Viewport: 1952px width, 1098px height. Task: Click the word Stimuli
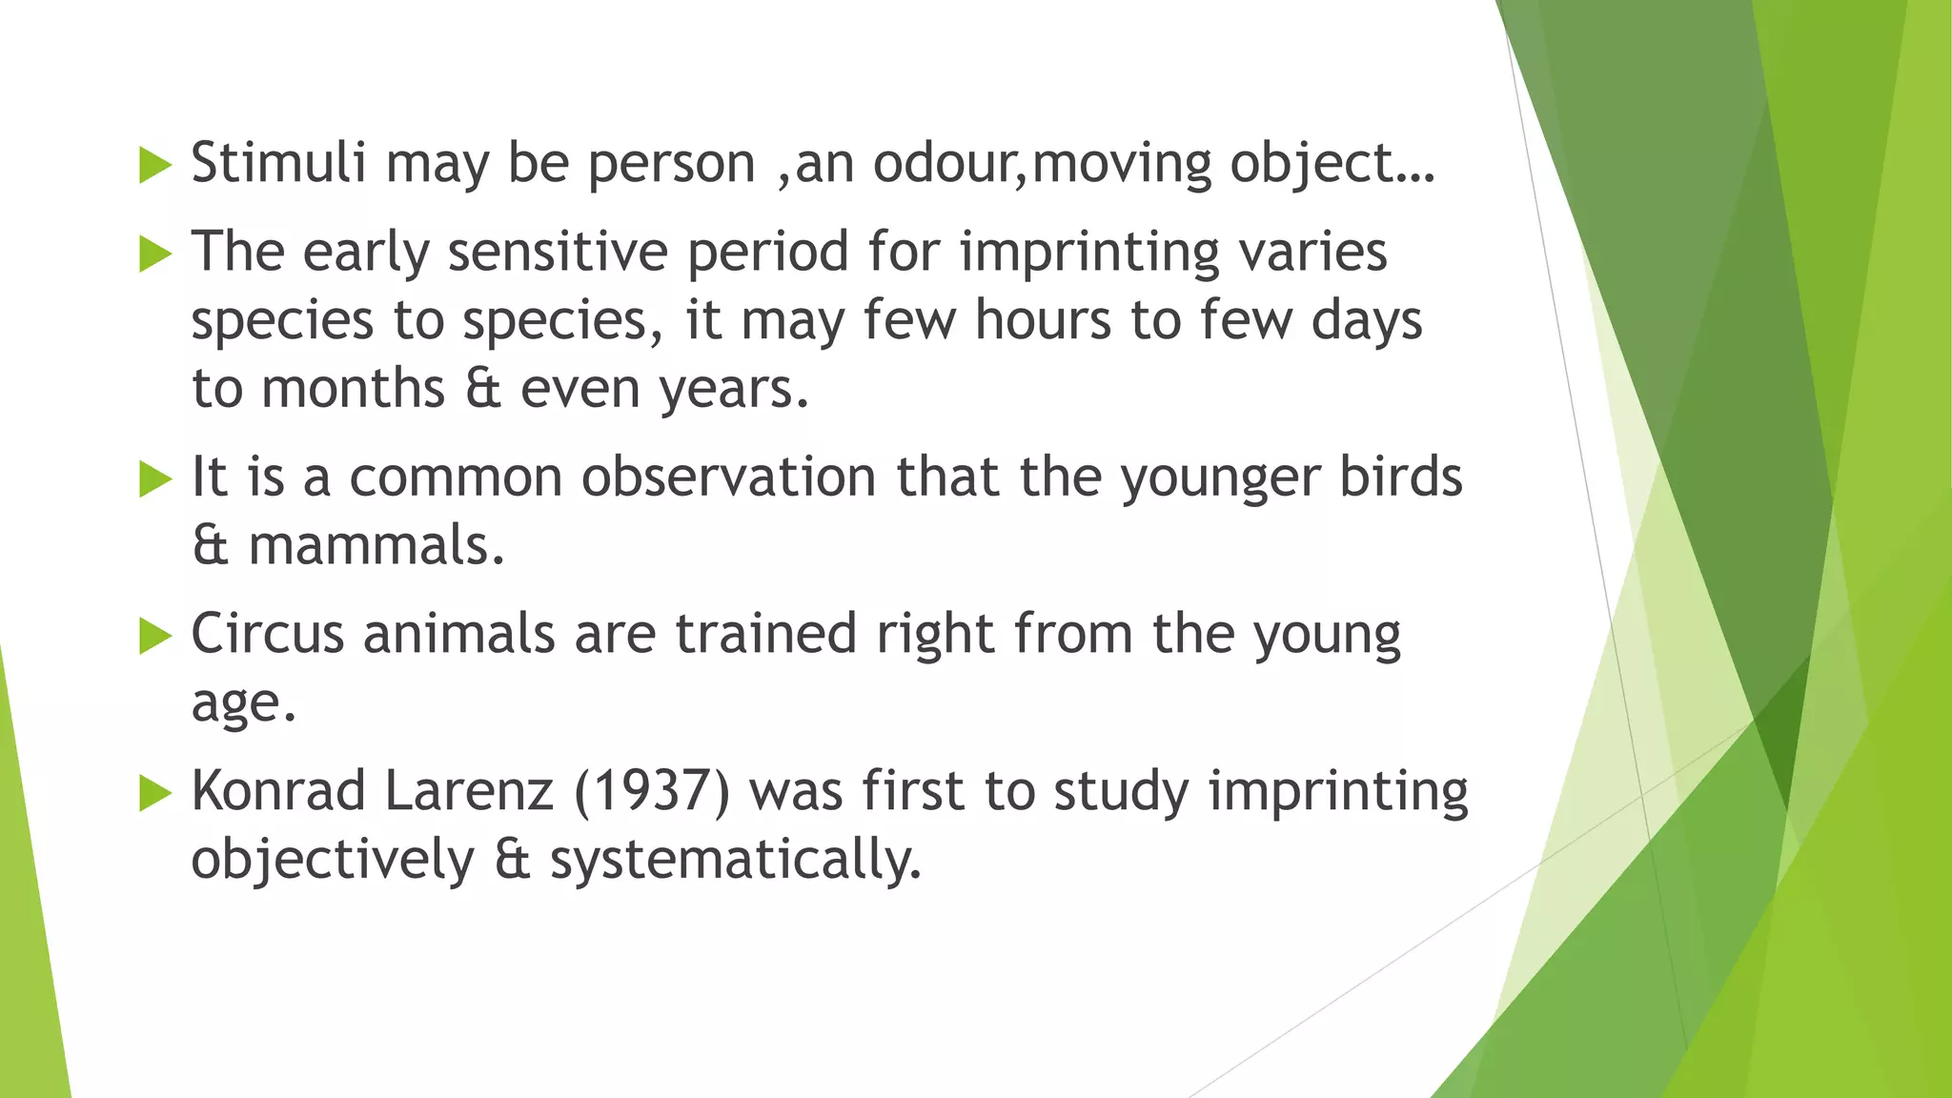278,162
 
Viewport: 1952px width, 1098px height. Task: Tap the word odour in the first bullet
944,163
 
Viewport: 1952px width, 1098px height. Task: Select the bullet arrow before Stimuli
154,165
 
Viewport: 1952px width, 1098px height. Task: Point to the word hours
1043,320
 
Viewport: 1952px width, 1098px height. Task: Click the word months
353,389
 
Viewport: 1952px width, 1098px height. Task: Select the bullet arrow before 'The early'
154,254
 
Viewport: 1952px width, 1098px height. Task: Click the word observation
728,477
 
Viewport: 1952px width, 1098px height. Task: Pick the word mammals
376,545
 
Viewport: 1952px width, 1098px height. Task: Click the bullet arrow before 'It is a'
154,478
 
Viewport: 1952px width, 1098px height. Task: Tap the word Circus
267,634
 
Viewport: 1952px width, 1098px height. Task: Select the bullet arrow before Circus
154,636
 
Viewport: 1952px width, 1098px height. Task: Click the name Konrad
278,791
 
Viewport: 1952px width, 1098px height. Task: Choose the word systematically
736,860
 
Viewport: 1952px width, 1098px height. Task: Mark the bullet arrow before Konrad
154,793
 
